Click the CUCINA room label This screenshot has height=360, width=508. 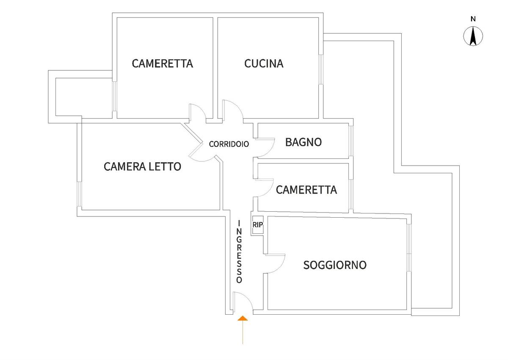pos(264,64)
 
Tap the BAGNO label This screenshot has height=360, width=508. pos(304,142)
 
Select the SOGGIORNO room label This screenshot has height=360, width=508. pos(335,265)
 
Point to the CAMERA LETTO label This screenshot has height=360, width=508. pos(142,166)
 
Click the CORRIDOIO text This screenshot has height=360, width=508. pos(229,144)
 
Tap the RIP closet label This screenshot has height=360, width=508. pos(258,225)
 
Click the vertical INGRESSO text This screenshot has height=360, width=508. pos(239,252)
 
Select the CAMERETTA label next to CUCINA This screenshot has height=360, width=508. pos(163,64)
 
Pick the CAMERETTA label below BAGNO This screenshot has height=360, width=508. pos(306,190)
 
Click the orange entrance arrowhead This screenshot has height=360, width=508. pos(243,318)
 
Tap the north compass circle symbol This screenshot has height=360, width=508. pos(473,36)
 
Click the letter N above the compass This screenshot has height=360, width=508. pos(473,19)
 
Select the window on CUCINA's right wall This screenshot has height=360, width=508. pos(321,69)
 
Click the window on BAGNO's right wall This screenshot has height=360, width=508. pos(351,141)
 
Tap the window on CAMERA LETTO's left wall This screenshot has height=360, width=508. pos(80,194)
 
